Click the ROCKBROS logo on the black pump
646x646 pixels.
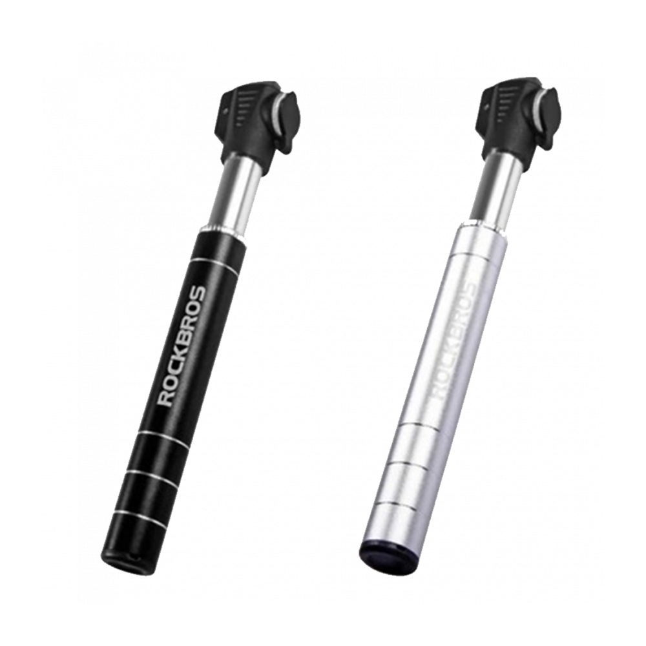pyautogui.click(x=182, y=346)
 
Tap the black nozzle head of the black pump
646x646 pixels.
pyautogui.click(x=252, y=123)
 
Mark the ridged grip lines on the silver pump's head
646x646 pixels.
pyautogui.click(x=497, y=103)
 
